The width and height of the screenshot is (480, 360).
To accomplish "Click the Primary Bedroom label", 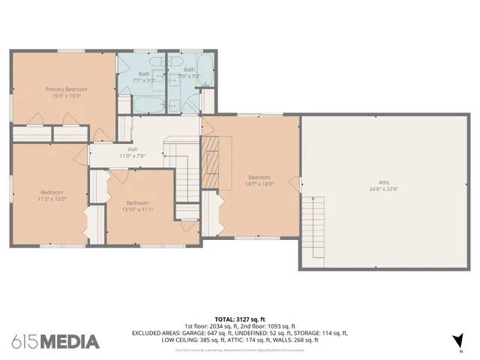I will point(61,88).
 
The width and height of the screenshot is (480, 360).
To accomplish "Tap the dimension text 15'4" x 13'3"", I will point(61,95).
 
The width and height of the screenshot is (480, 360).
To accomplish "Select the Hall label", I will point(132,149).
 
